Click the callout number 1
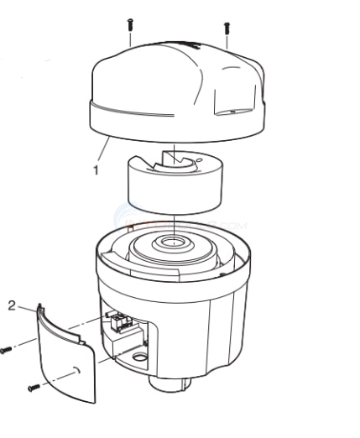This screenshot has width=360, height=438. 96,169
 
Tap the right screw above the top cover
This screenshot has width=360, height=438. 227,31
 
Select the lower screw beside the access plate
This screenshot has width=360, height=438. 33,387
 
